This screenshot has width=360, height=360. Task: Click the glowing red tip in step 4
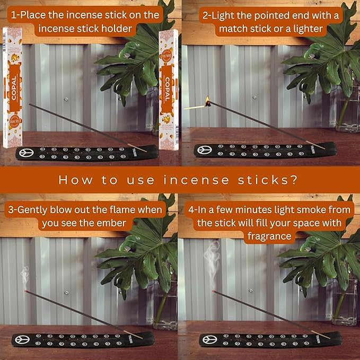pos(213,291)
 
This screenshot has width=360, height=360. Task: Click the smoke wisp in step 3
pos(24,276)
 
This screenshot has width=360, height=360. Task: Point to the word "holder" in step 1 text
pos(114,28)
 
